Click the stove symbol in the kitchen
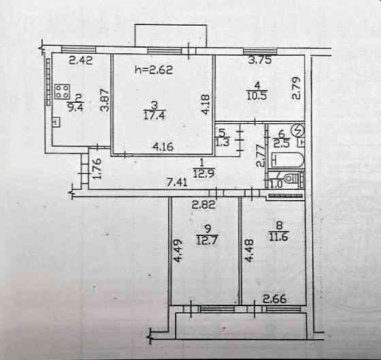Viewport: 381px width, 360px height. point(62,92)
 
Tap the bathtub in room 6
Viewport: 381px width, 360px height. point(287,160)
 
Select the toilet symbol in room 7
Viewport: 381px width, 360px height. point(292,179)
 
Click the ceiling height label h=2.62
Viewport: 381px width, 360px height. point(154,70)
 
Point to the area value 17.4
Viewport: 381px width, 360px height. point(154,115)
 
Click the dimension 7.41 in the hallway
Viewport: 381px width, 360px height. point(178,182)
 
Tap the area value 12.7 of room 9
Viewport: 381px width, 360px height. point(207,242)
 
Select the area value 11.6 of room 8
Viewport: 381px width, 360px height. point(278,236)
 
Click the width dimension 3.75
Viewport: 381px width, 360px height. point(260,60)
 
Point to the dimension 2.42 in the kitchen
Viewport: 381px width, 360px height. point(81,61)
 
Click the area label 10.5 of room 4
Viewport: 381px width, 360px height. point(257,95)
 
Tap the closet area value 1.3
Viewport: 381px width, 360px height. point(222,143)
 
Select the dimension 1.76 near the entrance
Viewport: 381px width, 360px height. point(97,169)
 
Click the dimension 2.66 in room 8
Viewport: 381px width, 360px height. point(275,299)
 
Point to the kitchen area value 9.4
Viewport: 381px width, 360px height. point(76,108)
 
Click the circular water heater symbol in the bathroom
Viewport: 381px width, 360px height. point(298,131)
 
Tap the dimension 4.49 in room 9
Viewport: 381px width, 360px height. point(178,251)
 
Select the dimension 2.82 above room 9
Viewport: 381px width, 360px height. point(203,206)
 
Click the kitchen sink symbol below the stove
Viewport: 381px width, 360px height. point(56,122)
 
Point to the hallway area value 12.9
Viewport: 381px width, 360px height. point(203,174)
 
